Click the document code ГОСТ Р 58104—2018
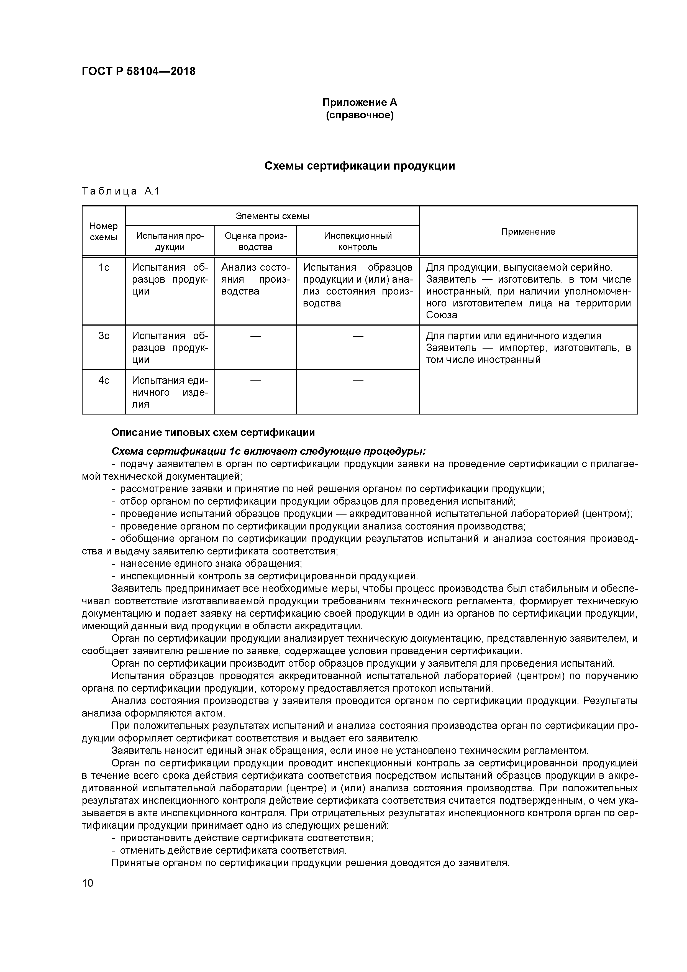pos(139,71)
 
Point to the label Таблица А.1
pos(121,191)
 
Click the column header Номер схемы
pos(104,232)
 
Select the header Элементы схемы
pos(272,216)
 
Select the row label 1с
pos(104,268)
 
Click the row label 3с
pos(104,336)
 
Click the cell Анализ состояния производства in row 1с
pos(255,279)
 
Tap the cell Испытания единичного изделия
pos(170,392)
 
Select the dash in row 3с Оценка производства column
pos(255,336)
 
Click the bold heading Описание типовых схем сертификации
pos(213,433)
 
